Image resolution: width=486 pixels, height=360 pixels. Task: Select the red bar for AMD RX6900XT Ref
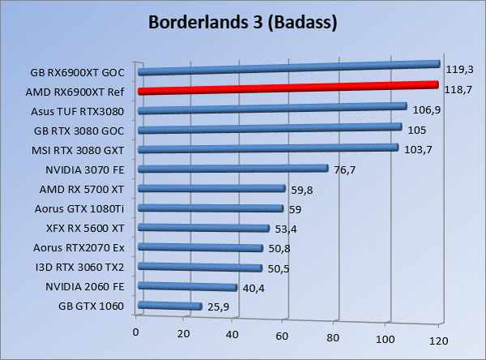tap(288, 88)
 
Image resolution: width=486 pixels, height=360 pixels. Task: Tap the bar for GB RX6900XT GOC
tap(288, 68)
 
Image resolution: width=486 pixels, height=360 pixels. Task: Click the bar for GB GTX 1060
tap(170, 306)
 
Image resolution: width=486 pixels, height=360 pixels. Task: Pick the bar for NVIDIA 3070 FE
tap(233, 169)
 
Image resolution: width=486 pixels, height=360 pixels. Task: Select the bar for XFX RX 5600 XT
tap(204, 228)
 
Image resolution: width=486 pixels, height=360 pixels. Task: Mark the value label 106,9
tap(426, 109)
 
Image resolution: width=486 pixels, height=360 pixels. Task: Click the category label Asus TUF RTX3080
tap(83, 111)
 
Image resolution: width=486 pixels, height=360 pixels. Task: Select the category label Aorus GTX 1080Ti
tap(83, 208)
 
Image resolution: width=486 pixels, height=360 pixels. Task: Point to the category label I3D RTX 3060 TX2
tap(84, 267)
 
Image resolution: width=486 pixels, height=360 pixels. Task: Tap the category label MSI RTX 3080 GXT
tap(83, 150)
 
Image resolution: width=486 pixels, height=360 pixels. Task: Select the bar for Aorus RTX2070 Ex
tap(201, 247)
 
